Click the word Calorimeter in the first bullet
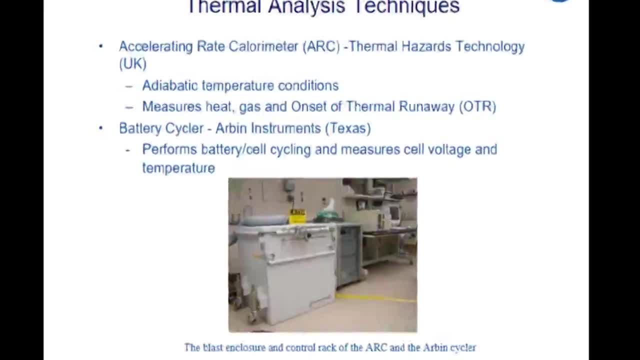point(263,46)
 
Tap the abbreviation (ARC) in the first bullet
point(321,46)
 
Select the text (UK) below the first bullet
point(133,63)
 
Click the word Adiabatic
point(170,85)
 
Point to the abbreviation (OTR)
point(477,106)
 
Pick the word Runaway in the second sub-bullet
point(426,107)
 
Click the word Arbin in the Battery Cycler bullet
point(231,128)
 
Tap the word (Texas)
point(348,128)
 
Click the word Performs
point(169,149)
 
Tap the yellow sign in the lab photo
point(297,216)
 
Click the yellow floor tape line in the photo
point(376,297)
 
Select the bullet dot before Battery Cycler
point(100,128)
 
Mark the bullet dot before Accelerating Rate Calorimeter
point(100,46)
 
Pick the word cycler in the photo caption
point(464,348)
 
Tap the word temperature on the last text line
point(178,168)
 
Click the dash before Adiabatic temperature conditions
point(129,86)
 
